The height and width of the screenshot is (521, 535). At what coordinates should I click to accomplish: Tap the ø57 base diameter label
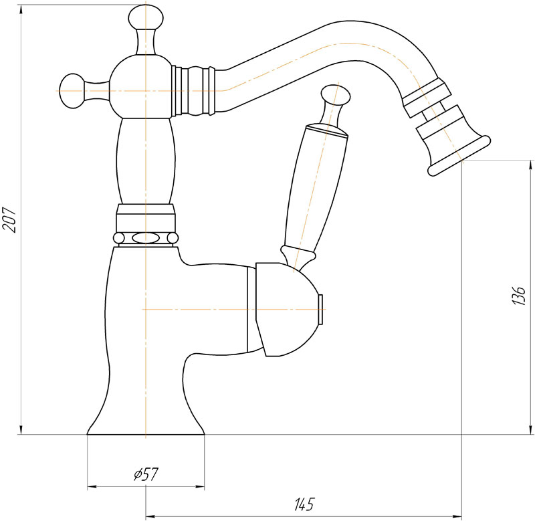coord(146,474)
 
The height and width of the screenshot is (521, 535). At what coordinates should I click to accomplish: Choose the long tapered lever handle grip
coord(312,184)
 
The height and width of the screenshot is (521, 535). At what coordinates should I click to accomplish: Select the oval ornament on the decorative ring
coord(146,237)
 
